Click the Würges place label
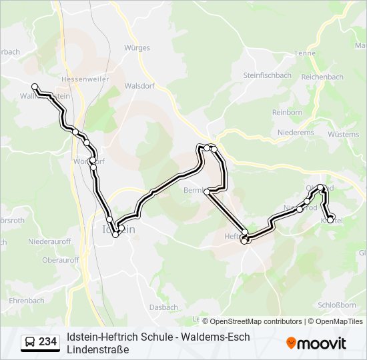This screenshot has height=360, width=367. point(137,48)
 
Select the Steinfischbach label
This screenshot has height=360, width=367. point(267,75)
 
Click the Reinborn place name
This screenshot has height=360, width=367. point(287,113)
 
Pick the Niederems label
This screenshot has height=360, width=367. point(296,133)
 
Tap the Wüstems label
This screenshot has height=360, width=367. point(344,134)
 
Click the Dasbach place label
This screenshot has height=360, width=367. point(164,307)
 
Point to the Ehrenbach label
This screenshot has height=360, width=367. point(27,301)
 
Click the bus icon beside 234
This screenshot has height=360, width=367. point(30,342)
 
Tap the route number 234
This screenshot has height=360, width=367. point(47,342)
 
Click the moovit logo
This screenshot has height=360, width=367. point(316,343)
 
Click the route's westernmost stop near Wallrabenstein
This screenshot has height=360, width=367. point(35,87)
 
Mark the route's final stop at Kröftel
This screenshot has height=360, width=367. point(330,219)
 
